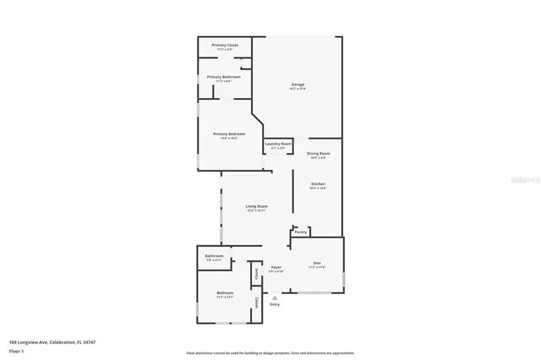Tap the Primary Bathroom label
(x=224, y=77)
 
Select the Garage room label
(x=298, y=85)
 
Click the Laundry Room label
(x=277, y=144)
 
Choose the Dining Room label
(x=318, y=154)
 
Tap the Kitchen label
(x=318, y=184)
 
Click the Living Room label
(x=256, y=206)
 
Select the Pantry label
(x=300, y=231)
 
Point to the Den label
(x=318, y=262)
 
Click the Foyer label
(x=276, y=267)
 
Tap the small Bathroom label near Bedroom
(x=214, y=256)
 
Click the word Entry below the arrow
(x=274, y=304)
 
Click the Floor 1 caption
(x=17, y=350)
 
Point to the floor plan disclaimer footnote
(x=270, y=352)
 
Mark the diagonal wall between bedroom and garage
(x=256, y=117)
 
